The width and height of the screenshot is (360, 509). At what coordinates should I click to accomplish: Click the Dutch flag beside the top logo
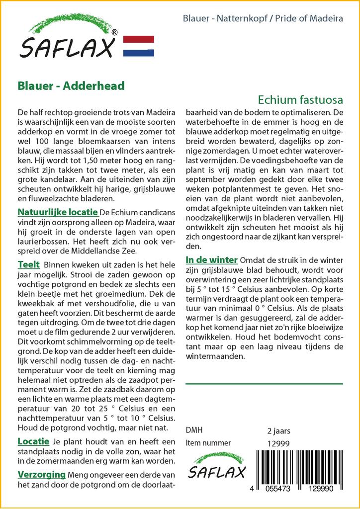138,46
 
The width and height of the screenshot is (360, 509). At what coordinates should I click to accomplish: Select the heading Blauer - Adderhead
71,85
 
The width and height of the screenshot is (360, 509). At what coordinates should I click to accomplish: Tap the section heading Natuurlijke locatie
58,212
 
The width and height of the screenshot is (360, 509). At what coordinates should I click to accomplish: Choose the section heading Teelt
28,264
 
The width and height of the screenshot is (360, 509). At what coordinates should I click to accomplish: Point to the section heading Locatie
33,441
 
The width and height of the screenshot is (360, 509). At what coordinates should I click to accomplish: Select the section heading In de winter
212,260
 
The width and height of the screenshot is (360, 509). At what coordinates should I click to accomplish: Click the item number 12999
278,443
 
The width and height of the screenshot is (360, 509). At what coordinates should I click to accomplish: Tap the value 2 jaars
278,430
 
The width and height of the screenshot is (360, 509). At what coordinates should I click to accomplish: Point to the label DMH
194,430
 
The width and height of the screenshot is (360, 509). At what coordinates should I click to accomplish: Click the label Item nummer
208,443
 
